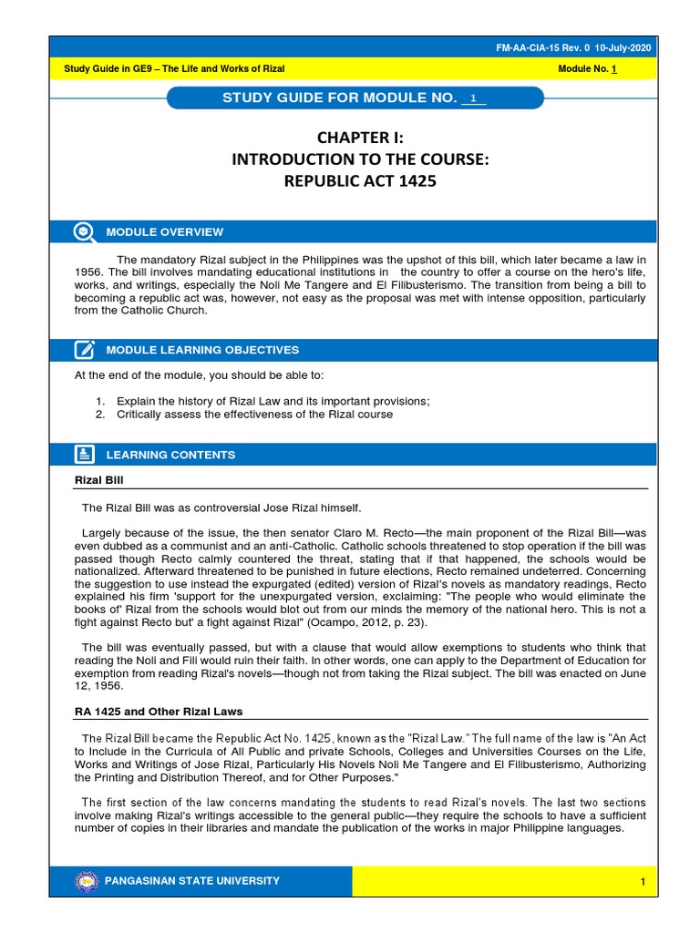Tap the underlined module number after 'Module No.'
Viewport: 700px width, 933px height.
click(x=615, y=69)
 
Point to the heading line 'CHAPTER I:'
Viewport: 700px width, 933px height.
click(x=359, y=138)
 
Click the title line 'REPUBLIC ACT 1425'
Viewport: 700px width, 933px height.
click(x=359, y=181)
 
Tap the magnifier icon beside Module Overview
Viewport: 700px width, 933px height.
click(x=84, y=231)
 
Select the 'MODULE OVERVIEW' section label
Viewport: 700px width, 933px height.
click(x=164, y=232)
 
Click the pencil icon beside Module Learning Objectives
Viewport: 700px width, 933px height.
click(x=84, y=349)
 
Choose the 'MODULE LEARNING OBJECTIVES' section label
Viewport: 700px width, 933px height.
click(x=202, y=350)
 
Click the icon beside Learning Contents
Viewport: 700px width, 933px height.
click(x=84, y=454)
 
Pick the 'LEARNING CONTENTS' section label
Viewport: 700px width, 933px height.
click(x=170, y=455)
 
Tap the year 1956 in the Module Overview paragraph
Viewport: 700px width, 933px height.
click(x=87, y=272)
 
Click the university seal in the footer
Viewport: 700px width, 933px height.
click(x=87, y=881)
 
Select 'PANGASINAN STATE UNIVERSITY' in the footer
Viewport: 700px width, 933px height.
click(x=193, y=881)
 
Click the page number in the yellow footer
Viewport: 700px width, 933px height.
click(x=643, y=882)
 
